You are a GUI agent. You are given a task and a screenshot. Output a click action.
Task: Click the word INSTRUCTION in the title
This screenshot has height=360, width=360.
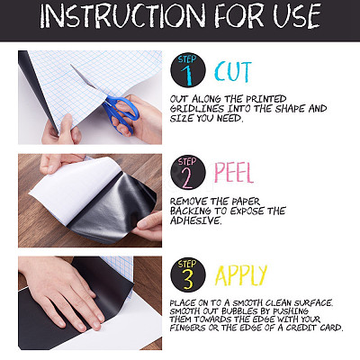point(122,17)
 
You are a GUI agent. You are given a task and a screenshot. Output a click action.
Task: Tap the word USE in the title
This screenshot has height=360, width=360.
point(296,17)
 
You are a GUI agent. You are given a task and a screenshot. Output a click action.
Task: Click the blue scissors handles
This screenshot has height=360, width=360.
point(122,112)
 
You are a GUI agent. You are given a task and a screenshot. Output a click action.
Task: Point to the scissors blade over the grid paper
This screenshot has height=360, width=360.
point(84,77)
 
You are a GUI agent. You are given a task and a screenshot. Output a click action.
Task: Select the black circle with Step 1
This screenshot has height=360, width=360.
point(188,70)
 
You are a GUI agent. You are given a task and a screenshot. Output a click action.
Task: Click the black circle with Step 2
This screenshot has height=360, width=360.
point(188,172)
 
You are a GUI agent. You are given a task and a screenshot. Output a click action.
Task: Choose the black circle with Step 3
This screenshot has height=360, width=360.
point(188,274)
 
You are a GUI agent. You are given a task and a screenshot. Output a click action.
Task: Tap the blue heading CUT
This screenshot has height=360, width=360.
point(233,72)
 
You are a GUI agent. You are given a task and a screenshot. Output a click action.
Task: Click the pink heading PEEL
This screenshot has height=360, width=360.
point(234,173)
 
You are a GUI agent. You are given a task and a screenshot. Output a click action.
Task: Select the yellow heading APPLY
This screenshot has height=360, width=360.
point(240,275)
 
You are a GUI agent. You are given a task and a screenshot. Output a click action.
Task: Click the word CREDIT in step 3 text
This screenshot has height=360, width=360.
point(301,328)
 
